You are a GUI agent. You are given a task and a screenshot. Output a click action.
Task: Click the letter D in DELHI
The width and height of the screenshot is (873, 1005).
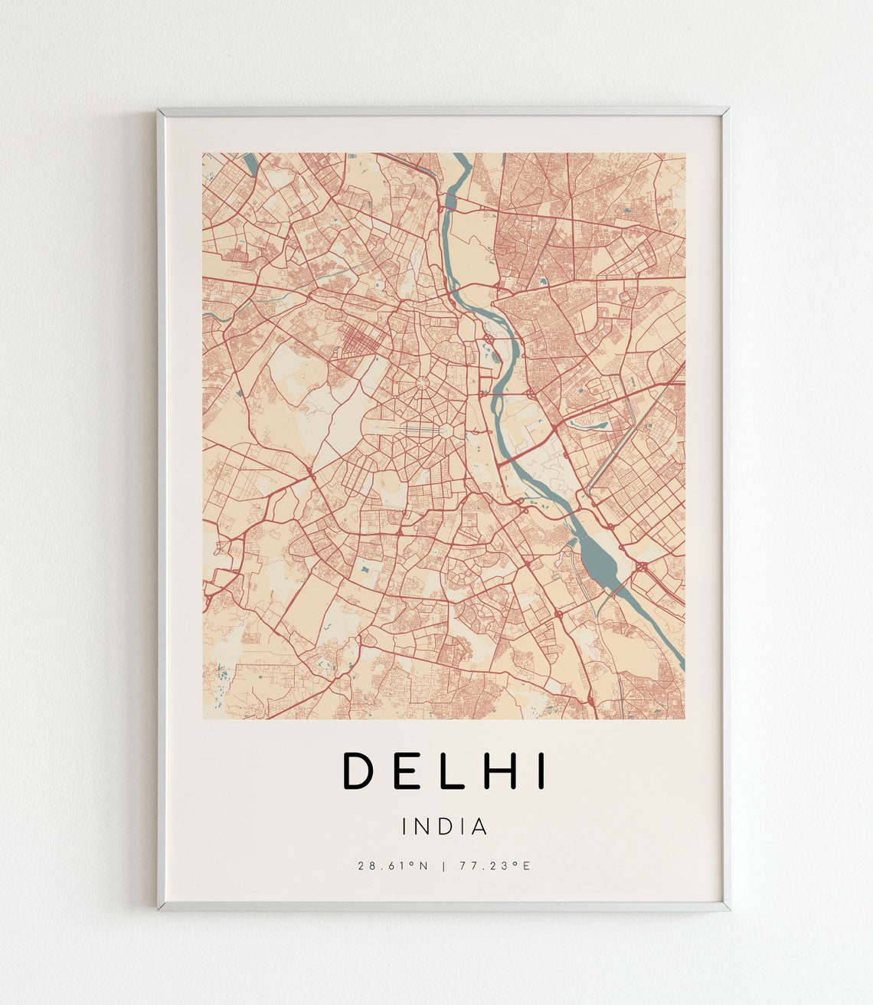coord(357,771)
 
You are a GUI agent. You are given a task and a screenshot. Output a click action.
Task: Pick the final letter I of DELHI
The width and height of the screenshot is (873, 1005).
coord(542,771)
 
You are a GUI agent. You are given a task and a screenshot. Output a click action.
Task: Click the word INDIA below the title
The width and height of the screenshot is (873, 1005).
coord(444,827)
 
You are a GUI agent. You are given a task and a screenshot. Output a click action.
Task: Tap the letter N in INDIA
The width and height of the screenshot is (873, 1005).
coord(423,827)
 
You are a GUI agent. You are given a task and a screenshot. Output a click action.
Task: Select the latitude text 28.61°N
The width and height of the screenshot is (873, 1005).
coord(392,866)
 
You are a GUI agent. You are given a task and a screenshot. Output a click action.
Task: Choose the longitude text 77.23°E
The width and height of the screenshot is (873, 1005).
coord(495,866)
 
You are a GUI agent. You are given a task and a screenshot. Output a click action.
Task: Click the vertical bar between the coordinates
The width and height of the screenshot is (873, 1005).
coord(444,866)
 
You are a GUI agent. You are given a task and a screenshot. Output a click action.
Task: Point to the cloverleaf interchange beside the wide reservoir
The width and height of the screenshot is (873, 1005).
coord(640,568)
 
